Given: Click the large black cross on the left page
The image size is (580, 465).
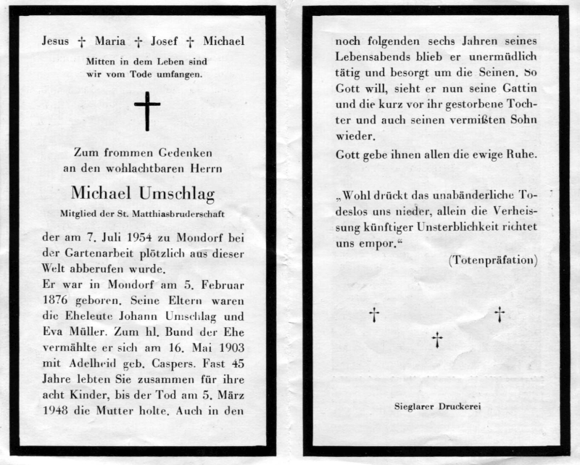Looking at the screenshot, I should (x=147, y=111).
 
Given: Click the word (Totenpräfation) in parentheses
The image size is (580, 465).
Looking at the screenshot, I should (x=493, y=259).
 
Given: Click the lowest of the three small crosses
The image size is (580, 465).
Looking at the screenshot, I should (x=437, y=339).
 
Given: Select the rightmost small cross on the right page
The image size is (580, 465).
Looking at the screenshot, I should (x=500, y=314).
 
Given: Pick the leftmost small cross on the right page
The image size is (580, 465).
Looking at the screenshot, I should (x=374, y=314).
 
